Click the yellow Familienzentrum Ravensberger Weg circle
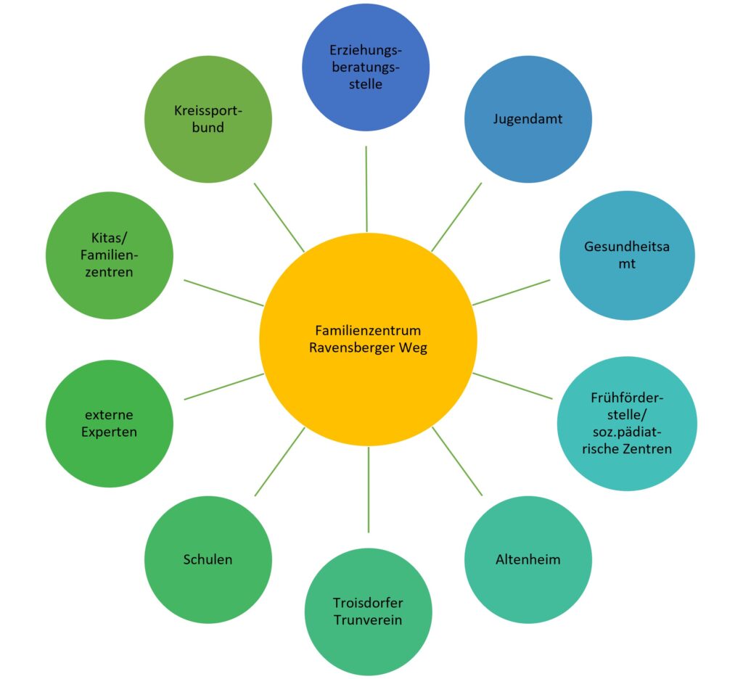click(368, 339)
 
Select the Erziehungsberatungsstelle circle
click(366, 67)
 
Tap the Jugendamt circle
click(528, 119)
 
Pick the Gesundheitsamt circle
click(627, 255)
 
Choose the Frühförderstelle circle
click(627, 424)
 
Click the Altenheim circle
click(528, 559)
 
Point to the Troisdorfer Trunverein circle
click(368, 612)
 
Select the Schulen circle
click(208, 559)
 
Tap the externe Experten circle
click(110, 424)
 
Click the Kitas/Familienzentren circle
click(110, 255)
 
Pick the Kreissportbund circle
click(208, 119)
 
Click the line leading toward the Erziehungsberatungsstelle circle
click(366, 189)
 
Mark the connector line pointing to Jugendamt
click(456, 217)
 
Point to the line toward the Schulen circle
click(279, 461)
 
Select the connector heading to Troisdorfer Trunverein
click(368, 490)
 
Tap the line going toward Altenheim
click(457, 461)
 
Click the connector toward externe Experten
click(223, 387)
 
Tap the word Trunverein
click(368, 620)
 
